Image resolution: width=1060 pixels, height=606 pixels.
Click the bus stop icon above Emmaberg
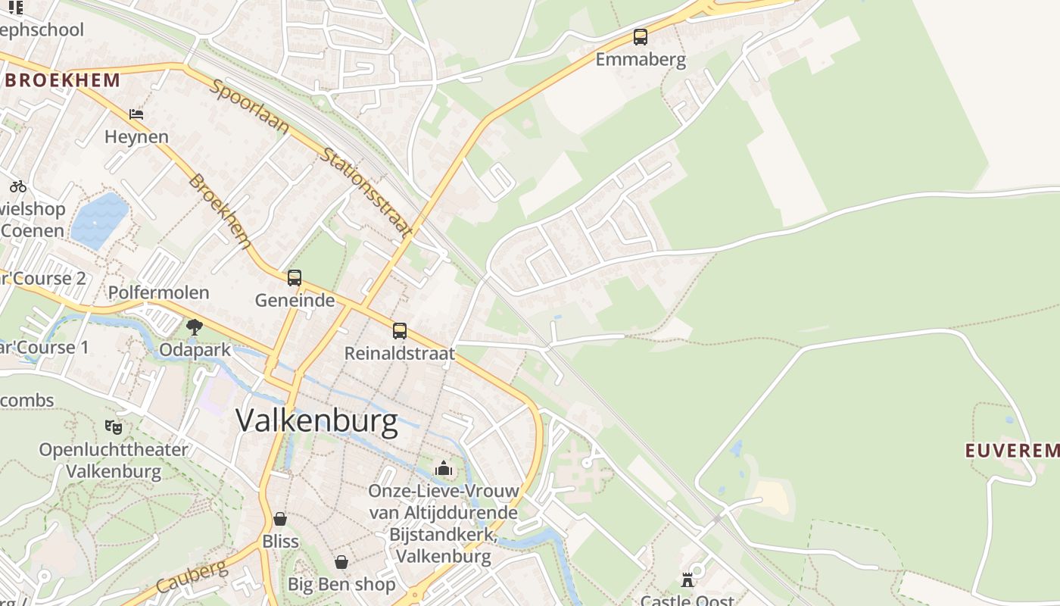tap(641, 36)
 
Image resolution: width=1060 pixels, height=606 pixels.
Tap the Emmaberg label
tap(641, 60)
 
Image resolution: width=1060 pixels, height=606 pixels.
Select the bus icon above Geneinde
tap(295, 278)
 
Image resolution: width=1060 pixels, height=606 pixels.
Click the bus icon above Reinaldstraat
tap(399, 331)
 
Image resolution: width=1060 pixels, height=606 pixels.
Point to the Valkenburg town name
tap(316, 420)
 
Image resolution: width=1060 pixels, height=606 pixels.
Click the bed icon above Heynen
tap(136, 114)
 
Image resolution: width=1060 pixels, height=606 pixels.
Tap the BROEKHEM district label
tap(62, 80)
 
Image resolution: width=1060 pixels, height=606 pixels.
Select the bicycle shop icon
tap(18, 186)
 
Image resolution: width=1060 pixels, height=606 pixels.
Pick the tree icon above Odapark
tap(195, 327)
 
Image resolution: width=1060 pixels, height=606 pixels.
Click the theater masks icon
tap(114, 427)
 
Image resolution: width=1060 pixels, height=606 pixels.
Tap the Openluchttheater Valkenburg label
tap(114, 460)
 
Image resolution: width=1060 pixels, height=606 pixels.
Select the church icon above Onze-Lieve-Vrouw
tap(444, 469)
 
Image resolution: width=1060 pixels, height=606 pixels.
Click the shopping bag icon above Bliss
tap(280, 519)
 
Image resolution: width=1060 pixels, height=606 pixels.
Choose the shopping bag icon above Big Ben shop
tap(341, 562)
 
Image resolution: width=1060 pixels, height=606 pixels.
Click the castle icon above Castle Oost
tap(687, 580)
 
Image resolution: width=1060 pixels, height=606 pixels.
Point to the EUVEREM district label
tap(1012, 451)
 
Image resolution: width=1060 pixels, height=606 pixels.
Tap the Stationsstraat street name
tap(367, 192)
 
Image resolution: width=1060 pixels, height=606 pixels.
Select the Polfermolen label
tap(158, 292)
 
